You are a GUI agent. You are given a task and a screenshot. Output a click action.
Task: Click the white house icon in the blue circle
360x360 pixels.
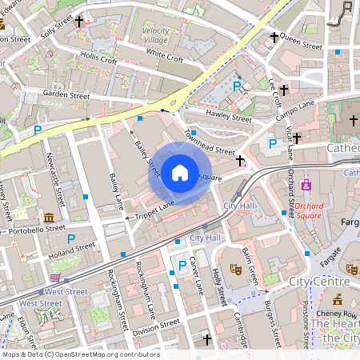click(179, 172)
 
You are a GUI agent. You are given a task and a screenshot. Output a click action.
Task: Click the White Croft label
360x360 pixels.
click(165, 55)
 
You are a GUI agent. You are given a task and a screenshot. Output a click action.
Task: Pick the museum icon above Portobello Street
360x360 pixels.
click(50, 218)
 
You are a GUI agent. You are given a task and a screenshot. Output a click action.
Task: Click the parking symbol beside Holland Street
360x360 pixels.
click(71, 238)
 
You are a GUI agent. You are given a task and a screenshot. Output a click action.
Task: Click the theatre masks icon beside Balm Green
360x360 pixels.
click(235, 270)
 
